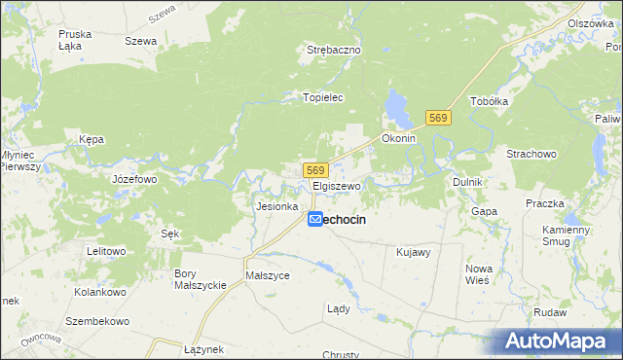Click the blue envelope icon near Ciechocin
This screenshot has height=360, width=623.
[x=315, y=221]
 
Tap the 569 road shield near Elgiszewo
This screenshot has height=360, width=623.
[x=313, y=170]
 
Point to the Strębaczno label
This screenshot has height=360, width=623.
[x=334, y=49]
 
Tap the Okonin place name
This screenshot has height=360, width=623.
[x=399, y=138]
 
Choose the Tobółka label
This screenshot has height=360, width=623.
[x=490, y=101]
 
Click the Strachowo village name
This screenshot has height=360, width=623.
[x=531, y=154]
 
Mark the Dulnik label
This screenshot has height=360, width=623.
[x=468, y=182]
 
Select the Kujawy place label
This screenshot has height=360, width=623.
[x=414, y=252]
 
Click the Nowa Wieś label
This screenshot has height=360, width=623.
[x=478, y=273]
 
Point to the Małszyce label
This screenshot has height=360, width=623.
[x=268, y=275]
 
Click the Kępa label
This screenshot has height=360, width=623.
[x=92, y=139]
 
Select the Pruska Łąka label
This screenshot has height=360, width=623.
[x=75, y=40]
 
